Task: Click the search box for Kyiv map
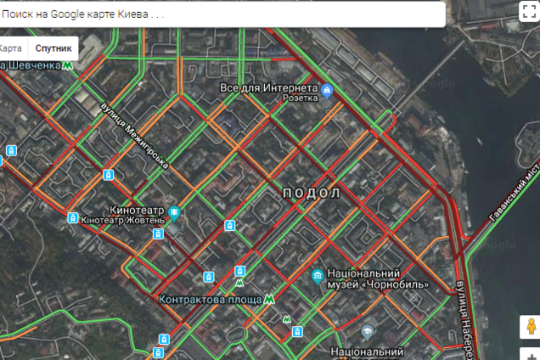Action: (x=221, y=14)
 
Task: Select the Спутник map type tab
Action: (x=53, y=48)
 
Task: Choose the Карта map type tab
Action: (x=12, y=48)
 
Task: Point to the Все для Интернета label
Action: (x=268, y=87)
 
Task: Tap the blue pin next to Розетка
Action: (x=327, y=91)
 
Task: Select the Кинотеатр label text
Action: (x=137, y=210)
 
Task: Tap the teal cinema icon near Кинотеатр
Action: (x=173, y=211)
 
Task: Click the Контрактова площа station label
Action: (x=210, y=299)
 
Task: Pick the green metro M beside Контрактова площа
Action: (x=269, y=299)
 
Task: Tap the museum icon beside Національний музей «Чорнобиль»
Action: (x=317, y=275)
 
